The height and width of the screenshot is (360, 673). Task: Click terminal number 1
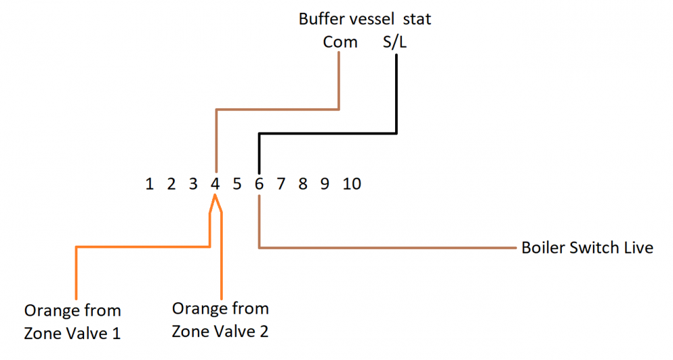pyautogui.click(x=149, y=184)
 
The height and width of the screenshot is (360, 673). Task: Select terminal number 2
pyautogui.click(x=171, y=184)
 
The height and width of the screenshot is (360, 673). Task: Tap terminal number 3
pyautogui.click(x=193, y=184)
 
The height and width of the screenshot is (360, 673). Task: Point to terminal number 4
pyautogui.click(x=215, y=184)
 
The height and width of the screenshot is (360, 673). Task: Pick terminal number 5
pyautogui.click(x=237, y=184)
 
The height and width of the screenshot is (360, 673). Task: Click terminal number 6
pyautogui.click(x=259, y=184)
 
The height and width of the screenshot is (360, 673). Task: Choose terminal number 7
pyautogui.click(x=281, y=184)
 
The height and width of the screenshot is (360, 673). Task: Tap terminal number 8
pyautogui.click(x=303, y=184)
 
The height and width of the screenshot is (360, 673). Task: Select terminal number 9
pyautogui.click(x=325, y=184)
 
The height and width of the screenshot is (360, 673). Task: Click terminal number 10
pyautogui.click(x=352, y=184)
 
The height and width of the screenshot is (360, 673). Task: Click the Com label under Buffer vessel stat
pyautogui.click(x=340, y=42)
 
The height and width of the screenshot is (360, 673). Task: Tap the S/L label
pyautogui.click(x=395, y=42)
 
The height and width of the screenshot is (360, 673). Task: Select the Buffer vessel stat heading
pyautogui.click(x=365, y=19)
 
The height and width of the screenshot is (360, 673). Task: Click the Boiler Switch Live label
pyautogui.click(x=587, y=248)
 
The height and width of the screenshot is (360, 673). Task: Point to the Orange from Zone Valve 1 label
pyautogui.click(x=73, y=322)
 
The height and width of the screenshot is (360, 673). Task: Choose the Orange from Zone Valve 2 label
pyautogui.click(x=220, y=320)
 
